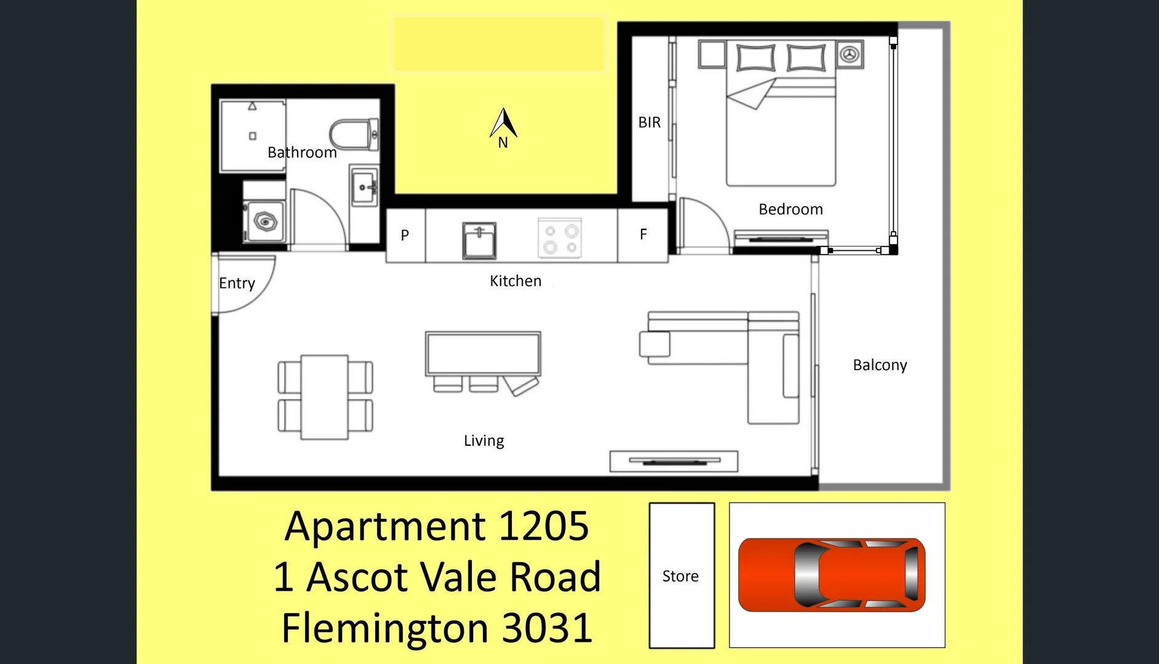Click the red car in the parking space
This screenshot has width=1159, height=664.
tap(832, 575)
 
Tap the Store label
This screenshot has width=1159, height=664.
tap(680, 576)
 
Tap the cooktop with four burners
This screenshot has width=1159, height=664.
tap(560, 239)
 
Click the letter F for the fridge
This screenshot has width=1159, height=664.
tap(643, 234)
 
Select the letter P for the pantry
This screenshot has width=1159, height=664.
tap(405, 235)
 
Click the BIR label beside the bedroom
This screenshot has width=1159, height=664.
tap(650, 122)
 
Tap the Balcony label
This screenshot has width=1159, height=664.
tap(880, 365)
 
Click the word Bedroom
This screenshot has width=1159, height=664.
tap(791, 209)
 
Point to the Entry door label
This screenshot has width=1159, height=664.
tap(237, 283)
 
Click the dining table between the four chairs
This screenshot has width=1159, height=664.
tap(324, 397)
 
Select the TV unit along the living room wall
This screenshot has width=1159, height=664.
tap(674, 461)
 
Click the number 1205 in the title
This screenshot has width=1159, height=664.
tap(544, 526)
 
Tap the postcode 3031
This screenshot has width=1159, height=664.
tap(547, 628)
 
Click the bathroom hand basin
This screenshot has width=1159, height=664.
tap(364, 186)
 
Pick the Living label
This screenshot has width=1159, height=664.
tap(484, 441)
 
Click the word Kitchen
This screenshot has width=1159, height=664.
tap(516, 281)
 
